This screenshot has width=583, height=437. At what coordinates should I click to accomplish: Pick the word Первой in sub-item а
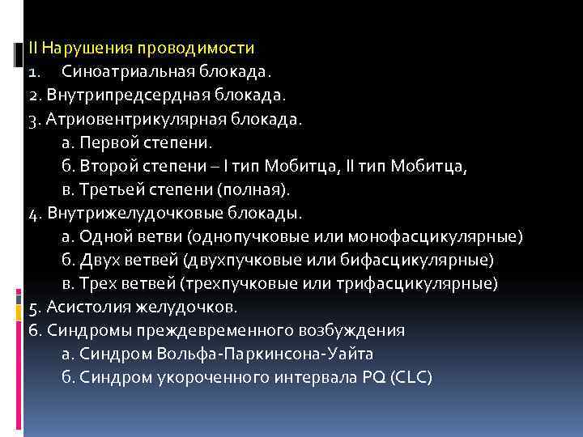pos(100,142)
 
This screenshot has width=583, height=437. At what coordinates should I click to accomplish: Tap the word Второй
pos(100,166)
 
